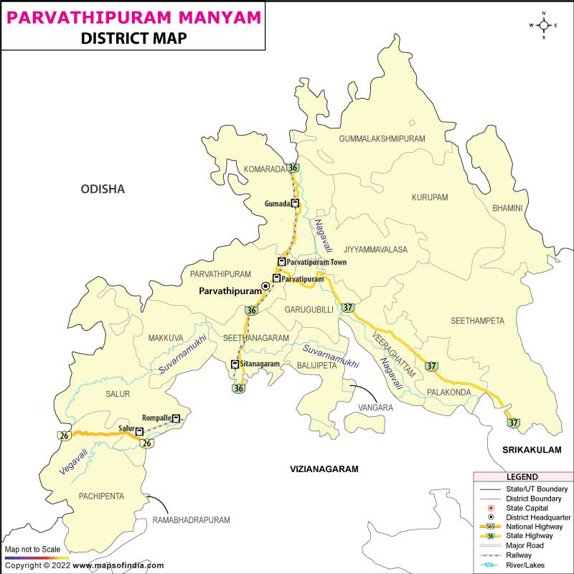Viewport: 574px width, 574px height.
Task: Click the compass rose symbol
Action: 544,26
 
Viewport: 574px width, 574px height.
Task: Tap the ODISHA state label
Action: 103,189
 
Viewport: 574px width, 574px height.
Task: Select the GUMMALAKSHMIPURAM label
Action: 382,138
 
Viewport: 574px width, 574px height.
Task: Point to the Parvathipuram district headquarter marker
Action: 265,286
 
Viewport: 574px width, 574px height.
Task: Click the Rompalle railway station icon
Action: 176,418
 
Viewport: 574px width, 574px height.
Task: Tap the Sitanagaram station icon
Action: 235,364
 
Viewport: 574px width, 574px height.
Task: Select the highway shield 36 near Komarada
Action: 292,168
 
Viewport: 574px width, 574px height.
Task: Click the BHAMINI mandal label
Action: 507,208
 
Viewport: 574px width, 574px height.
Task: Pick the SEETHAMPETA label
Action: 478,321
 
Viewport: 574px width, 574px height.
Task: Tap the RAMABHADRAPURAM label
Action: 191,519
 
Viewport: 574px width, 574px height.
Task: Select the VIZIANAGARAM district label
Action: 324,469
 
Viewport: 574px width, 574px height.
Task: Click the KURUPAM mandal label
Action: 430,197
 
